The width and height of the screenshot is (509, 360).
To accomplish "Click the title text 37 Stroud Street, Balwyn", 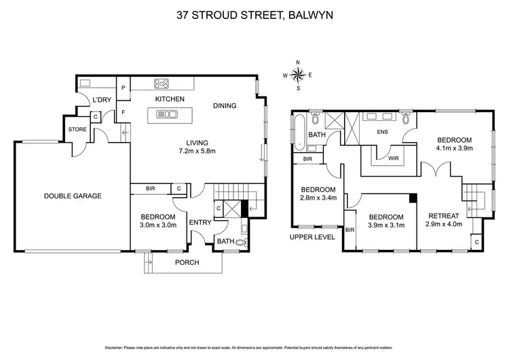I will point(254,12).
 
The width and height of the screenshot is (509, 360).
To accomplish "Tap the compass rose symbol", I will point(297,75).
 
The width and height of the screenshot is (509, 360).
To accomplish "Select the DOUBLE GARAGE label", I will point(73,196).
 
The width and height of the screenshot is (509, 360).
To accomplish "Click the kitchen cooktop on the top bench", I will point(163,84).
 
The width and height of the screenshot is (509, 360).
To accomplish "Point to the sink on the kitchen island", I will point(166,113).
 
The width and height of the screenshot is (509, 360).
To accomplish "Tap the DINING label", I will point(225,106).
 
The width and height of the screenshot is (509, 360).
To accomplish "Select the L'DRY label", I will point(102,101).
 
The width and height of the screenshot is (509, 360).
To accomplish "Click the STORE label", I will point(75,128).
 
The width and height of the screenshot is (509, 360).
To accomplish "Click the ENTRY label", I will point(200,222).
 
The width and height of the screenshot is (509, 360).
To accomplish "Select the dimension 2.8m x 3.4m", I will point(318,199).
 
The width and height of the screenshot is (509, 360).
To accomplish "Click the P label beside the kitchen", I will point(124,88).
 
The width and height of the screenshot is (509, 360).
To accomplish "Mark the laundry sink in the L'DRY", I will point(86,84).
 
